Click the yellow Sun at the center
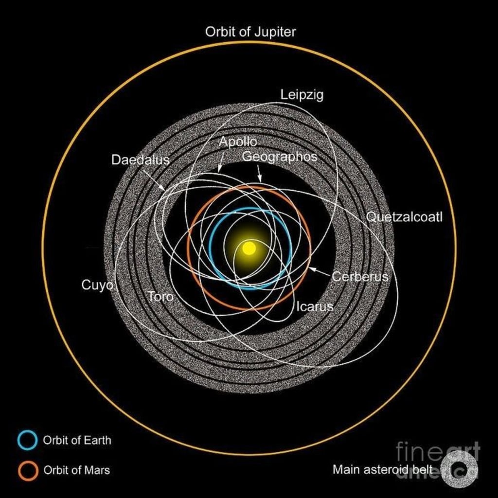click(249, 248)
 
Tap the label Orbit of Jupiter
click(250, 32)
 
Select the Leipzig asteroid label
click(302, 95)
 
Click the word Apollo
click(237, 142)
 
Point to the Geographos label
click(279, 157)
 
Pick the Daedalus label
click(140, 160)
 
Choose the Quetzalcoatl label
click(404, 217)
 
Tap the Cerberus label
click(360, 277)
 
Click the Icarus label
click(315, 307)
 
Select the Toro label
click(160, 296)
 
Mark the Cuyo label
click(97, 285)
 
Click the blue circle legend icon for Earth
click(27, 440)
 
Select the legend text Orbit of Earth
click(77, 441)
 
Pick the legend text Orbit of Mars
click(76, 470)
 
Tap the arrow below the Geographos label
click(259, 173)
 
